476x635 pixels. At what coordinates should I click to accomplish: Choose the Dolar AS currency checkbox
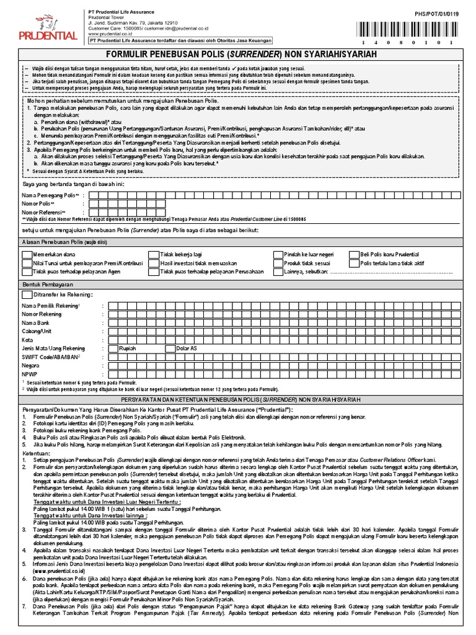click(x=170, y=349)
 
